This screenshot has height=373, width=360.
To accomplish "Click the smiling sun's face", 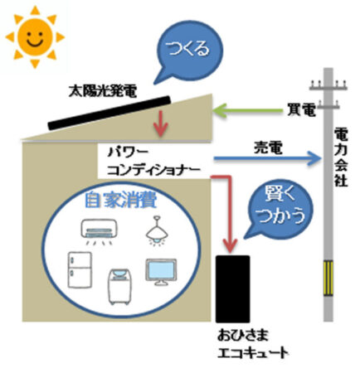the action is point(35,37).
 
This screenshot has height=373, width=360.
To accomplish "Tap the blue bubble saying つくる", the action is point(189,50).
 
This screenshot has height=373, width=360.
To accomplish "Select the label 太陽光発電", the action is point(103,91).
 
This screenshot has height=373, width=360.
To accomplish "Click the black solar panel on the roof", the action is point(109,113).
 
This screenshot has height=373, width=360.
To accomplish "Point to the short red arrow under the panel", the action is point(161,124).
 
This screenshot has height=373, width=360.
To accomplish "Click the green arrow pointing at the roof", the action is point(247,110).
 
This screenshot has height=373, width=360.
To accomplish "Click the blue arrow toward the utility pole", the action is point(267,158).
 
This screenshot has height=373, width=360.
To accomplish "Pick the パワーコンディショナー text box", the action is point(153,161).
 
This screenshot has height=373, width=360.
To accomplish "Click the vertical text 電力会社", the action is point(341,157).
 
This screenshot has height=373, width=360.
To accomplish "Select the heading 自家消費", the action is point(121,200).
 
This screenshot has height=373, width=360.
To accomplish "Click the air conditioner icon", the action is point(99,231).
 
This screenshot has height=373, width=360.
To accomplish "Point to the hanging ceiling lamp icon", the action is point(157,230).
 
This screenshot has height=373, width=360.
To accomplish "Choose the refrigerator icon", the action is point(80,269).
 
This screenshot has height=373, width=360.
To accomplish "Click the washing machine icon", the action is point(120,287).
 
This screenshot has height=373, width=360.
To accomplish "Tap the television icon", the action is point(161,272).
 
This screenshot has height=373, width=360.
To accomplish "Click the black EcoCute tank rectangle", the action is point(233,288).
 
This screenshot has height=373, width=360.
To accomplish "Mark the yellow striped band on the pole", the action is point(328,278).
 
